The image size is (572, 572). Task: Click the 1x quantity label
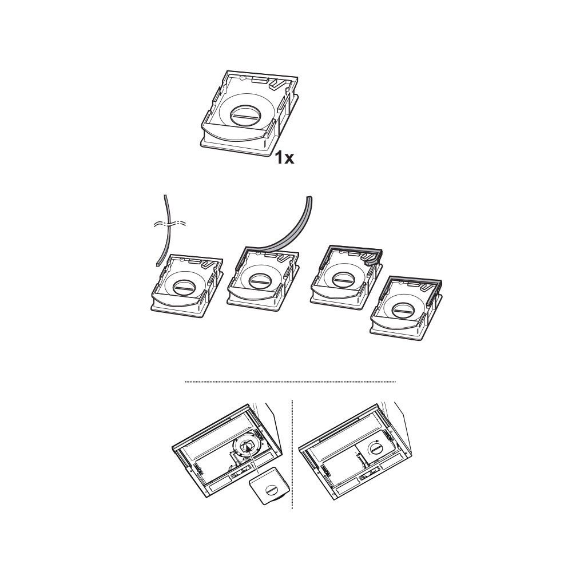(x=284, y=158)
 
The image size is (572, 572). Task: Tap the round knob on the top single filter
(x=246, y=114)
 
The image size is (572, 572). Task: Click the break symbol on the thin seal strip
(x=170, y=223)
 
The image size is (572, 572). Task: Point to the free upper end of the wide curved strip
(x=309, y=197)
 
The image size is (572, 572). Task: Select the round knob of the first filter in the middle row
(x=183, y=286)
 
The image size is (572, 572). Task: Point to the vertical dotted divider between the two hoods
(x=292, y=454)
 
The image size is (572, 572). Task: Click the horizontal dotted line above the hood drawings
(x=291, y=382)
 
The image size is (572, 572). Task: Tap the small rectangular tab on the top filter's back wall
(x=260, y=79)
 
